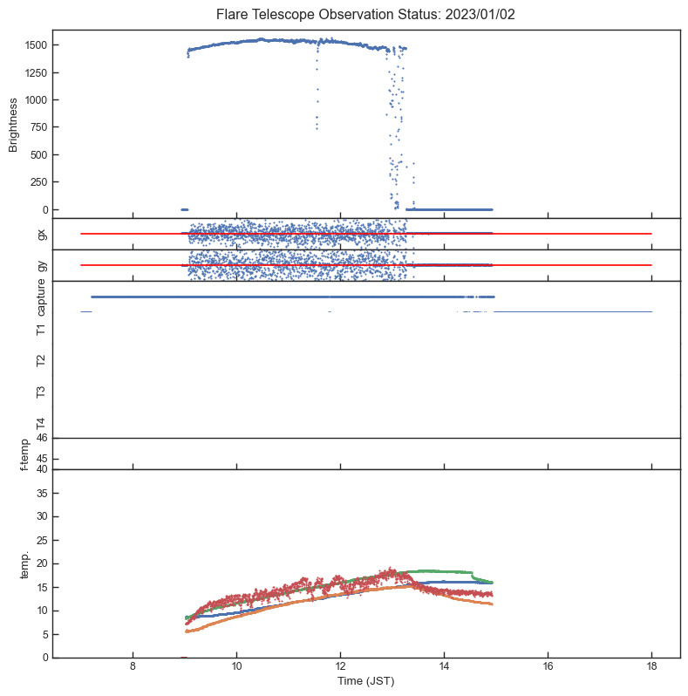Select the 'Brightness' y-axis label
[x=14, y=124]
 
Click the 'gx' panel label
[x=41, y=233]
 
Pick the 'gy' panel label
[x=41, y=264]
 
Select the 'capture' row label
[x=41, y=297]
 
